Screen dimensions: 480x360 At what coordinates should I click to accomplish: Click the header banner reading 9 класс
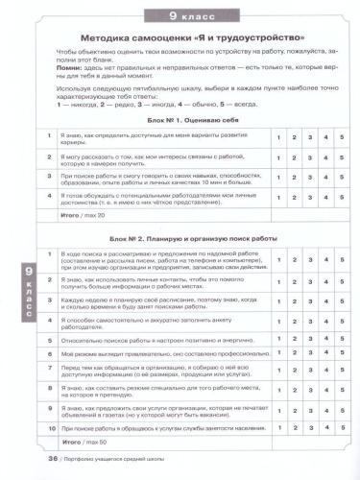[x=179, y=16]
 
